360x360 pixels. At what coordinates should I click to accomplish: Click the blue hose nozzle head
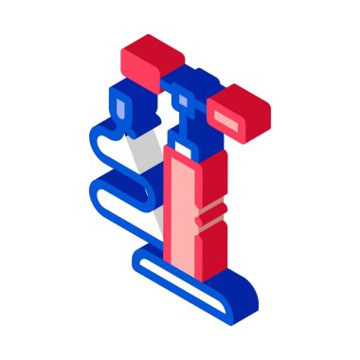125,107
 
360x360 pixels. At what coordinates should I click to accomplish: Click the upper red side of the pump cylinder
212,175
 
